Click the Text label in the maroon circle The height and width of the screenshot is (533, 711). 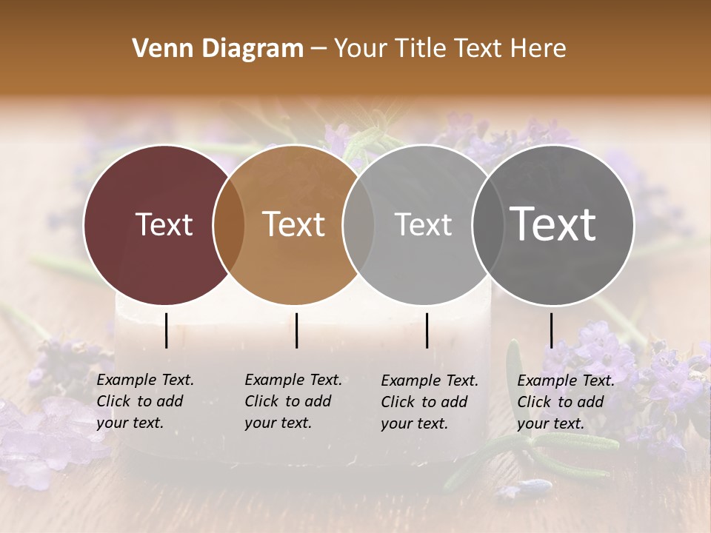164,224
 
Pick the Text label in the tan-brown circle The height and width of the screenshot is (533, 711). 294,224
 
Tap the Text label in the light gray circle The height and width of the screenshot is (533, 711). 423,224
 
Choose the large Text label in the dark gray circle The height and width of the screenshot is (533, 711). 553,224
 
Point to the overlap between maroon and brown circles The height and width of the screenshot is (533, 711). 229,225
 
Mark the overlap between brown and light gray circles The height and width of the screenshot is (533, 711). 358,225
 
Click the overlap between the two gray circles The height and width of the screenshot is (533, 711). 485,225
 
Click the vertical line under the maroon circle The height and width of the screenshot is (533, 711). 166,330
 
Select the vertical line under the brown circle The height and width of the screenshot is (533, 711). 296,330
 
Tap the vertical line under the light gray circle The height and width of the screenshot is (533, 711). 427,330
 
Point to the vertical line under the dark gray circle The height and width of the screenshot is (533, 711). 551,330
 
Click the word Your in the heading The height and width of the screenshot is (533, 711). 361,49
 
